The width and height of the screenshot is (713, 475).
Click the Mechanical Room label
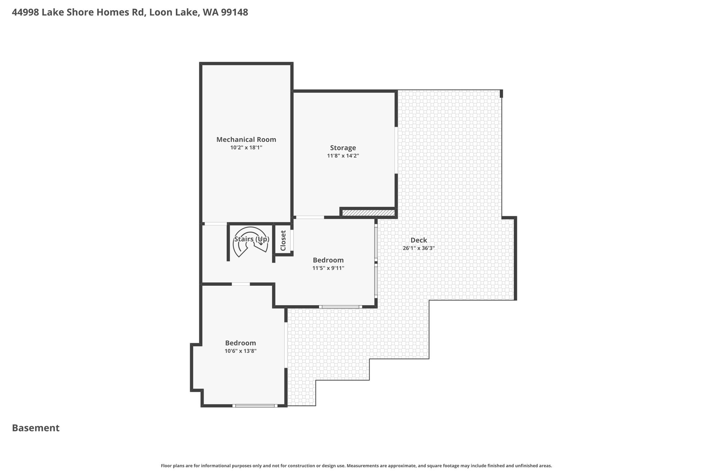tap(246, 140)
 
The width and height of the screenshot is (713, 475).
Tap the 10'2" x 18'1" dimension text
tap(246, 148)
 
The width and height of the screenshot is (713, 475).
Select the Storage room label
tap(343, 148)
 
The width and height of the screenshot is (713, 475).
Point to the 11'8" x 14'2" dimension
tap(343, 156)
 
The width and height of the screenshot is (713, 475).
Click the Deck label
tap(419, 240)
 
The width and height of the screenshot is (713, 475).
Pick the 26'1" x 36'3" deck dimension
tap(419, 248)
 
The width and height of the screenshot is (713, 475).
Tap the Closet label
tap(283, 240)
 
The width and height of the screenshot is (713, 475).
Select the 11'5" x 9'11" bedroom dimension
tap(328, 268)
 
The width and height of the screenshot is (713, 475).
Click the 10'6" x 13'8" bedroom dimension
tap(241, 351)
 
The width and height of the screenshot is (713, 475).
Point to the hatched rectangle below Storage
tap(368, 213)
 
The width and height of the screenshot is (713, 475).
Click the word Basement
tap(36, 428)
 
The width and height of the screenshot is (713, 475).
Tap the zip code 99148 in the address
tap(235, 13)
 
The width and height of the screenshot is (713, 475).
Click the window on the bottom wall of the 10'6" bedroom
tap(255, 406)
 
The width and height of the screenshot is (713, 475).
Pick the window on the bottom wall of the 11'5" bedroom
tap(340, 307)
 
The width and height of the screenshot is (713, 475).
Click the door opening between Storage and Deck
tap(396, 150)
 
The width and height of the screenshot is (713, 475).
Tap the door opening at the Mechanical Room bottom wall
tap(216, 224)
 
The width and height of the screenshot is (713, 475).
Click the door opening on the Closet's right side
tap(292, 240)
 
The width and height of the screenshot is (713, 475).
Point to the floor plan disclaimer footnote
tap(356, 466)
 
